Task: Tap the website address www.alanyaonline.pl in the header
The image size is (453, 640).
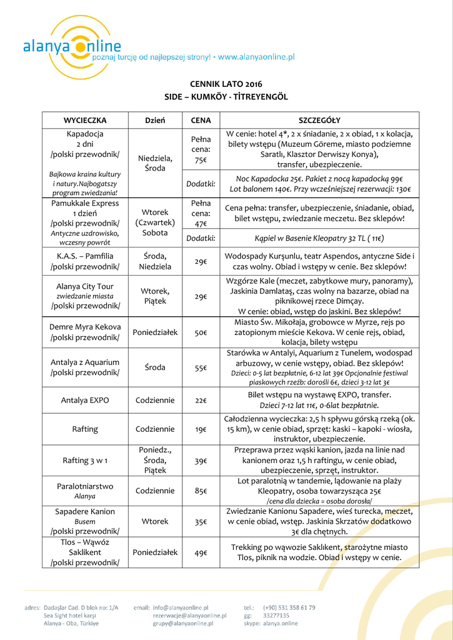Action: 256,57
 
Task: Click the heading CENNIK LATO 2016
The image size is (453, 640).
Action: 226,84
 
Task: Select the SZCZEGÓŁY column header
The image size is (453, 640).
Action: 319,120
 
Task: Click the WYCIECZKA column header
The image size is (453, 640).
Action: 85,120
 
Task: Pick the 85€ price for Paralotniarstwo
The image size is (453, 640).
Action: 201,491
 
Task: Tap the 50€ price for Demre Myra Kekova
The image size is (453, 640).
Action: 201,332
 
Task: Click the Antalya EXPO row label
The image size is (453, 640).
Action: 85,400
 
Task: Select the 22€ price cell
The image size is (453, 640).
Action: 201,400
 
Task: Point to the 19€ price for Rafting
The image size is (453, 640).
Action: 201,429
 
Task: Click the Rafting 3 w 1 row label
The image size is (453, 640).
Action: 85,461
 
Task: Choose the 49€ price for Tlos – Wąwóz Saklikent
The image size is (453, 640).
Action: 201,552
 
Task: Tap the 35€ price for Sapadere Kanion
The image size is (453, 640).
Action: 201,521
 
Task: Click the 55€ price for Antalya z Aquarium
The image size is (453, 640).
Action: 201,367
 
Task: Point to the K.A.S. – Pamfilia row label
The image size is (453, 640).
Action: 85,261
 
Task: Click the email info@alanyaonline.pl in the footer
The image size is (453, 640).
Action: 181,607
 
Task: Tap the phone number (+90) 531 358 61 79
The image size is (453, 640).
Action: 289,607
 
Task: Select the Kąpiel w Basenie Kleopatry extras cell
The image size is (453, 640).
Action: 319,238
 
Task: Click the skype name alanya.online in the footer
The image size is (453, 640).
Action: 281,623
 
